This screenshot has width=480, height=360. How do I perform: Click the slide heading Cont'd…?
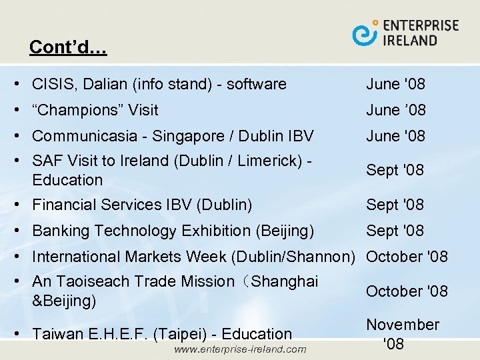click(x=68, y=47)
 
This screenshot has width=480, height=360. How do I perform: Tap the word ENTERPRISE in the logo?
click(x=421, y=25)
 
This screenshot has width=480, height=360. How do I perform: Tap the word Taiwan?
click(x=56, y=334)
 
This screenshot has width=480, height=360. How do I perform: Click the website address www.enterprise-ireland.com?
click(x=239, y=349)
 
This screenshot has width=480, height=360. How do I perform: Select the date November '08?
click(x=403, y=334)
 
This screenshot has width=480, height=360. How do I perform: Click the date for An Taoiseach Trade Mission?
click(x=407, y=291)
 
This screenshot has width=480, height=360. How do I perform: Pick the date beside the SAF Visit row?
click(x=395, y=170)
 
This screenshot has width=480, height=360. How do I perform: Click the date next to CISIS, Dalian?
click(x=395, y=84)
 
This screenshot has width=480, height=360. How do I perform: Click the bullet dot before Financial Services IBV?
click(x=23, y=205)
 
